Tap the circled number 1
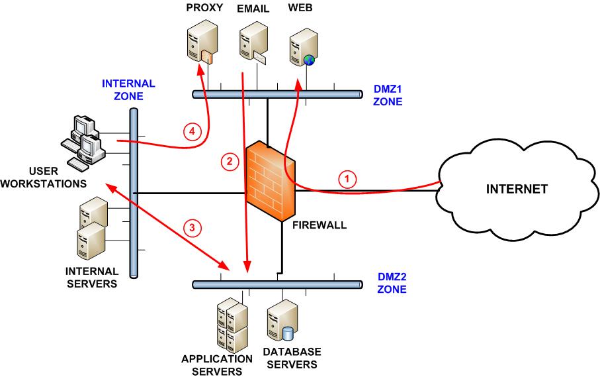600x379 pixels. pyautogui.click(x=348, y=178)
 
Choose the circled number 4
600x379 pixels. pyautogui.click(x=192, y=132)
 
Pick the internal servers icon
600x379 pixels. pyautogui.click(x=91, y=229)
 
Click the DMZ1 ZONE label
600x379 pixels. pyautogui.click(x=388, y=96)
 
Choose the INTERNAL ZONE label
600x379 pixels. pyautogui.click(x=128, y=89)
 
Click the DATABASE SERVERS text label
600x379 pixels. pyautogui.click(x=292, y=357)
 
